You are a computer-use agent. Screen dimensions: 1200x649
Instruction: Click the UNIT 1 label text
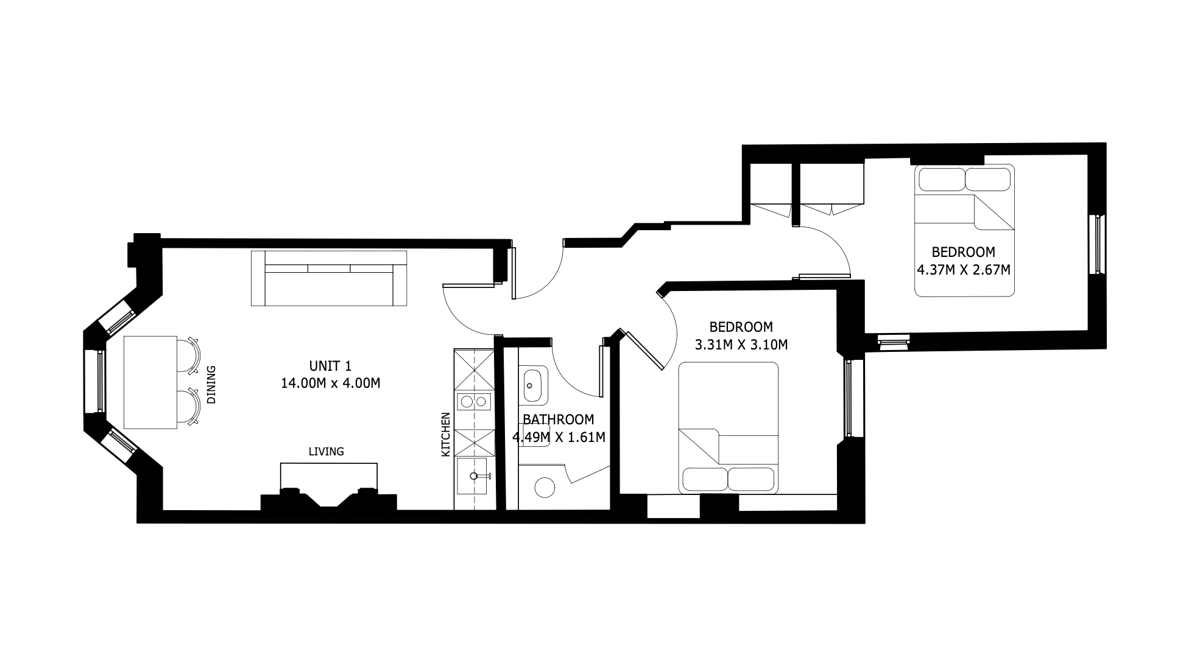[x=330, y=366]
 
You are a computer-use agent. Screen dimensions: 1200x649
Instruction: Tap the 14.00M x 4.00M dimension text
[x=330, y=384]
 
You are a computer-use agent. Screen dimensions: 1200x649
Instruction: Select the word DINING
[x=211, y=385]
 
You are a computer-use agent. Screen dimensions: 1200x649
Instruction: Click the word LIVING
[x=326, y=452]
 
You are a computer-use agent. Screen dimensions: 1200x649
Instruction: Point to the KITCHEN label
[x=445, y=435]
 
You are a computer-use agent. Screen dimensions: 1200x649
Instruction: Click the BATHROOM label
[x=559, y=419]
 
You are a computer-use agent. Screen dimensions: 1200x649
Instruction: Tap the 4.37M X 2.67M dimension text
[x=964, y=269]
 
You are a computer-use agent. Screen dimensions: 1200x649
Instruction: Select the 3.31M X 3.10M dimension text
[x=741, y=345]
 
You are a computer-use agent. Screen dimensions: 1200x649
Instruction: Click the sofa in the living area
[x=329, y=278]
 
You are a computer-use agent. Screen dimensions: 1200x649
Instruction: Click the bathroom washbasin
[x=534, y=385]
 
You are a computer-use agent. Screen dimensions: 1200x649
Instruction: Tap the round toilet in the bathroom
[x=545, y=487]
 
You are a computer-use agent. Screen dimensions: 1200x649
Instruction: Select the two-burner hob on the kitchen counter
[x=474, y=401]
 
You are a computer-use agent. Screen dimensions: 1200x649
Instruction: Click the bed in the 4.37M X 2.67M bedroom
[x=965, y=230]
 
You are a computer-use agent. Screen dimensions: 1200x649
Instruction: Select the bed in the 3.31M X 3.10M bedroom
[x=729, y=427]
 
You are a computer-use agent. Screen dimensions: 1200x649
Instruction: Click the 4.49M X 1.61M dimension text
[x=559, y=437]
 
